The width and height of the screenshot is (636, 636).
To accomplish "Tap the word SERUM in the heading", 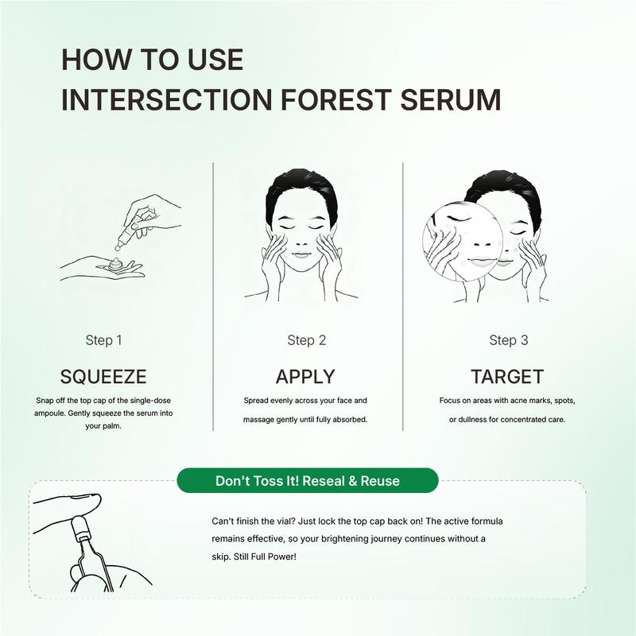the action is click(451, 99).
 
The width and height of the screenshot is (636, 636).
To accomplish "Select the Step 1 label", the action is click(103, 340).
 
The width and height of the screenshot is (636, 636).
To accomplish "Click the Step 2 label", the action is click(306, 340).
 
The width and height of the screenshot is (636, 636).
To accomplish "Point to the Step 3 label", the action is click(508, 340).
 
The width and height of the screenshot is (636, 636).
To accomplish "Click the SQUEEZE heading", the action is click(103, 376).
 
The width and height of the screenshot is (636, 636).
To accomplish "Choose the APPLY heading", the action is click(305, 376).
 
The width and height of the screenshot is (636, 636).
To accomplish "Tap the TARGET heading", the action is click(507, 376).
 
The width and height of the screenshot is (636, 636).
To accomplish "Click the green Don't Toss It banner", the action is click(308, 481).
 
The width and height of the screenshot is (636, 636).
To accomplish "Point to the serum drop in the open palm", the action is click(116, 264).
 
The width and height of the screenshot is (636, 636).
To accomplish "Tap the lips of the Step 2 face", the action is click(301, 255).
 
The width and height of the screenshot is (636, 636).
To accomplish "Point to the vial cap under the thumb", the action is click(79, 526).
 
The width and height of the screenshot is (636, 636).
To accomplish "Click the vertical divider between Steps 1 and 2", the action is click(213, 297).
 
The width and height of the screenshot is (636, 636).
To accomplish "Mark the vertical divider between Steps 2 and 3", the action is click(403, 297).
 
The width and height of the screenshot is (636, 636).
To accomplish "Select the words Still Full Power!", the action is click(265, 557).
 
